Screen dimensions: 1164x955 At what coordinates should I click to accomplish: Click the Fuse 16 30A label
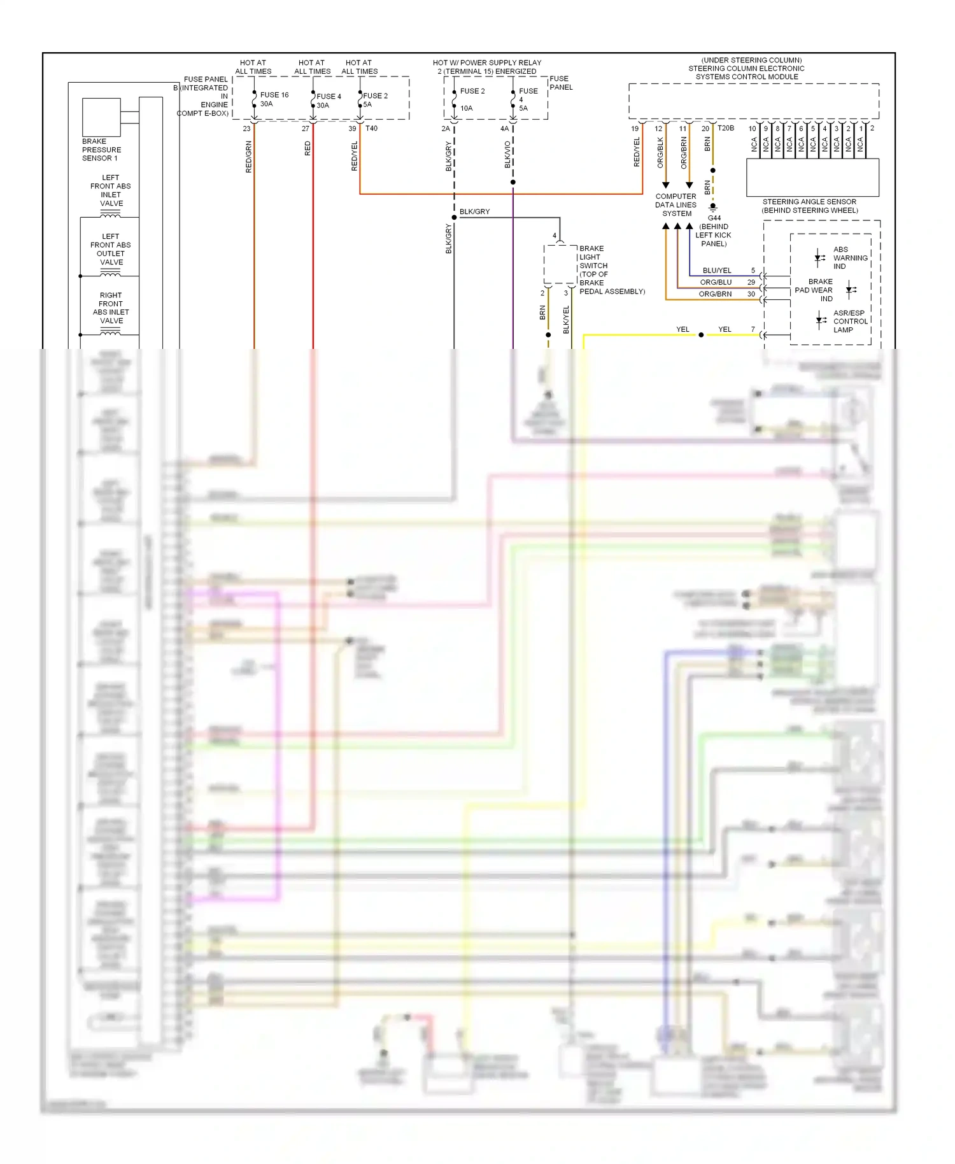[x=274, y=99]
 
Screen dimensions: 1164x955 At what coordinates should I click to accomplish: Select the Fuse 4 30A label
[x=329, y=101]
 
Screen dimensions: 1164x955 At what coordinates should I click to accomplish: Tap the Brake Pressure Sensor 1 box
[x=101, y=117]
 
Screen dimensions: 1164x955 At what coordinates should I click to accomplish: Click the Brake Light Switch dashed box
[x=560, y=264]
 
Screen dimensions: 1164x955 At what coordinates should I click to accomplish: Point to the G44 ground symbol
[x=713, y=207]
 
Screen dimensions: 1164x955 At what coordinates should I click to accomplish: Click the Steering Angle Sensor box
[x=812, y=177]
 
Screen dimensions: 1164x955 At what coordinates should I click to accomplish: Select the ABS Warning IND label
[x=850, y=258]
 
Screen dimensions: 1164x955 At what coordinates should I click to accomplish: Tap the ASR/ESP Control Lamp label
[x=850, y=322]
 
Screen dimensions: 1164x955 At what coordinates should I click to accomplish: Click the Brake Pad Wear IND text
[x=814, y=290]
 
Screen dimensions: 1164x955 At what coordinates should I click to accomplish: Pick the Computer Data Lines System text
[x=676, y=205]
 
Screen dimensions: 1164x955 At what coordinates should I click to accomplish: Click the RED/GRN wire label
[x=249, y=157]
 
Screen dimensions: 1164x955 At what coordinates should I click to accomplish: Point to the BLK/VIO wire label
[x=507, y=155]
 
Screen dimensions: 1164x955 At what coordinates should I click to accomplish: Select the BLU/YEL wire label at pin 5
[x=717, y=271]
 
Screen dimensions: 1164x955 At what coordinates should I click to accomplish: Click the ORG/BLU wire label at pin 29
[x=716, y=282]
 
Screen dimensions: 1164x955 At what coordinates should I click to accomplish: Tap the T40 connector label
[x=371, y=129]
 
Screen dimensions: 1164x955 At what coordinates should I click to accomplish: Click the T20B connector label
[x=726, y=128]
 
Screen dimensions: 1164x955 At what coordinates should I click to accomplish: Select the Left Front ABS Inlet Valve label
[x=111, y=190]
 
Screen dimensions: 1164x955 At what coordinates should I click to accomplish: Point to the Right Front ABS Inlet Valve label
[x=111, y=308]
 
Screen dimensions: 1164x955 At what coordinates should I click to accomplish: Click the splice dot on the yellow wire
[x=701, y=335]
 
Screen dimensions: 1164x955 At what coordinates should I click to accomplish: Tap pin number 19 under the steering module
[x=635, y=129]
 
